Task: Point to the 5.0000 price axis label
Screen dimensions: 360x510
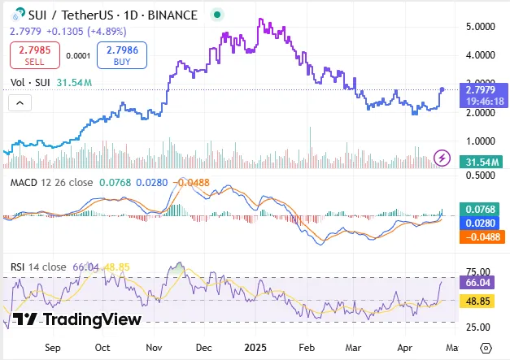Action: coord(480,27)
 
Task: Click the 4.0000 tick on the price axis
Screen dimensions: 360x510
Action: coord(480,56)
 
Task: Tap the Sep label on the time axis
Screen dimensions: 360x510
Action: coord(53,347)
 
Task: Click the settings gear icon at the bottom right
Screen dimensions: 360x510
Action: coord(486,347)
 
